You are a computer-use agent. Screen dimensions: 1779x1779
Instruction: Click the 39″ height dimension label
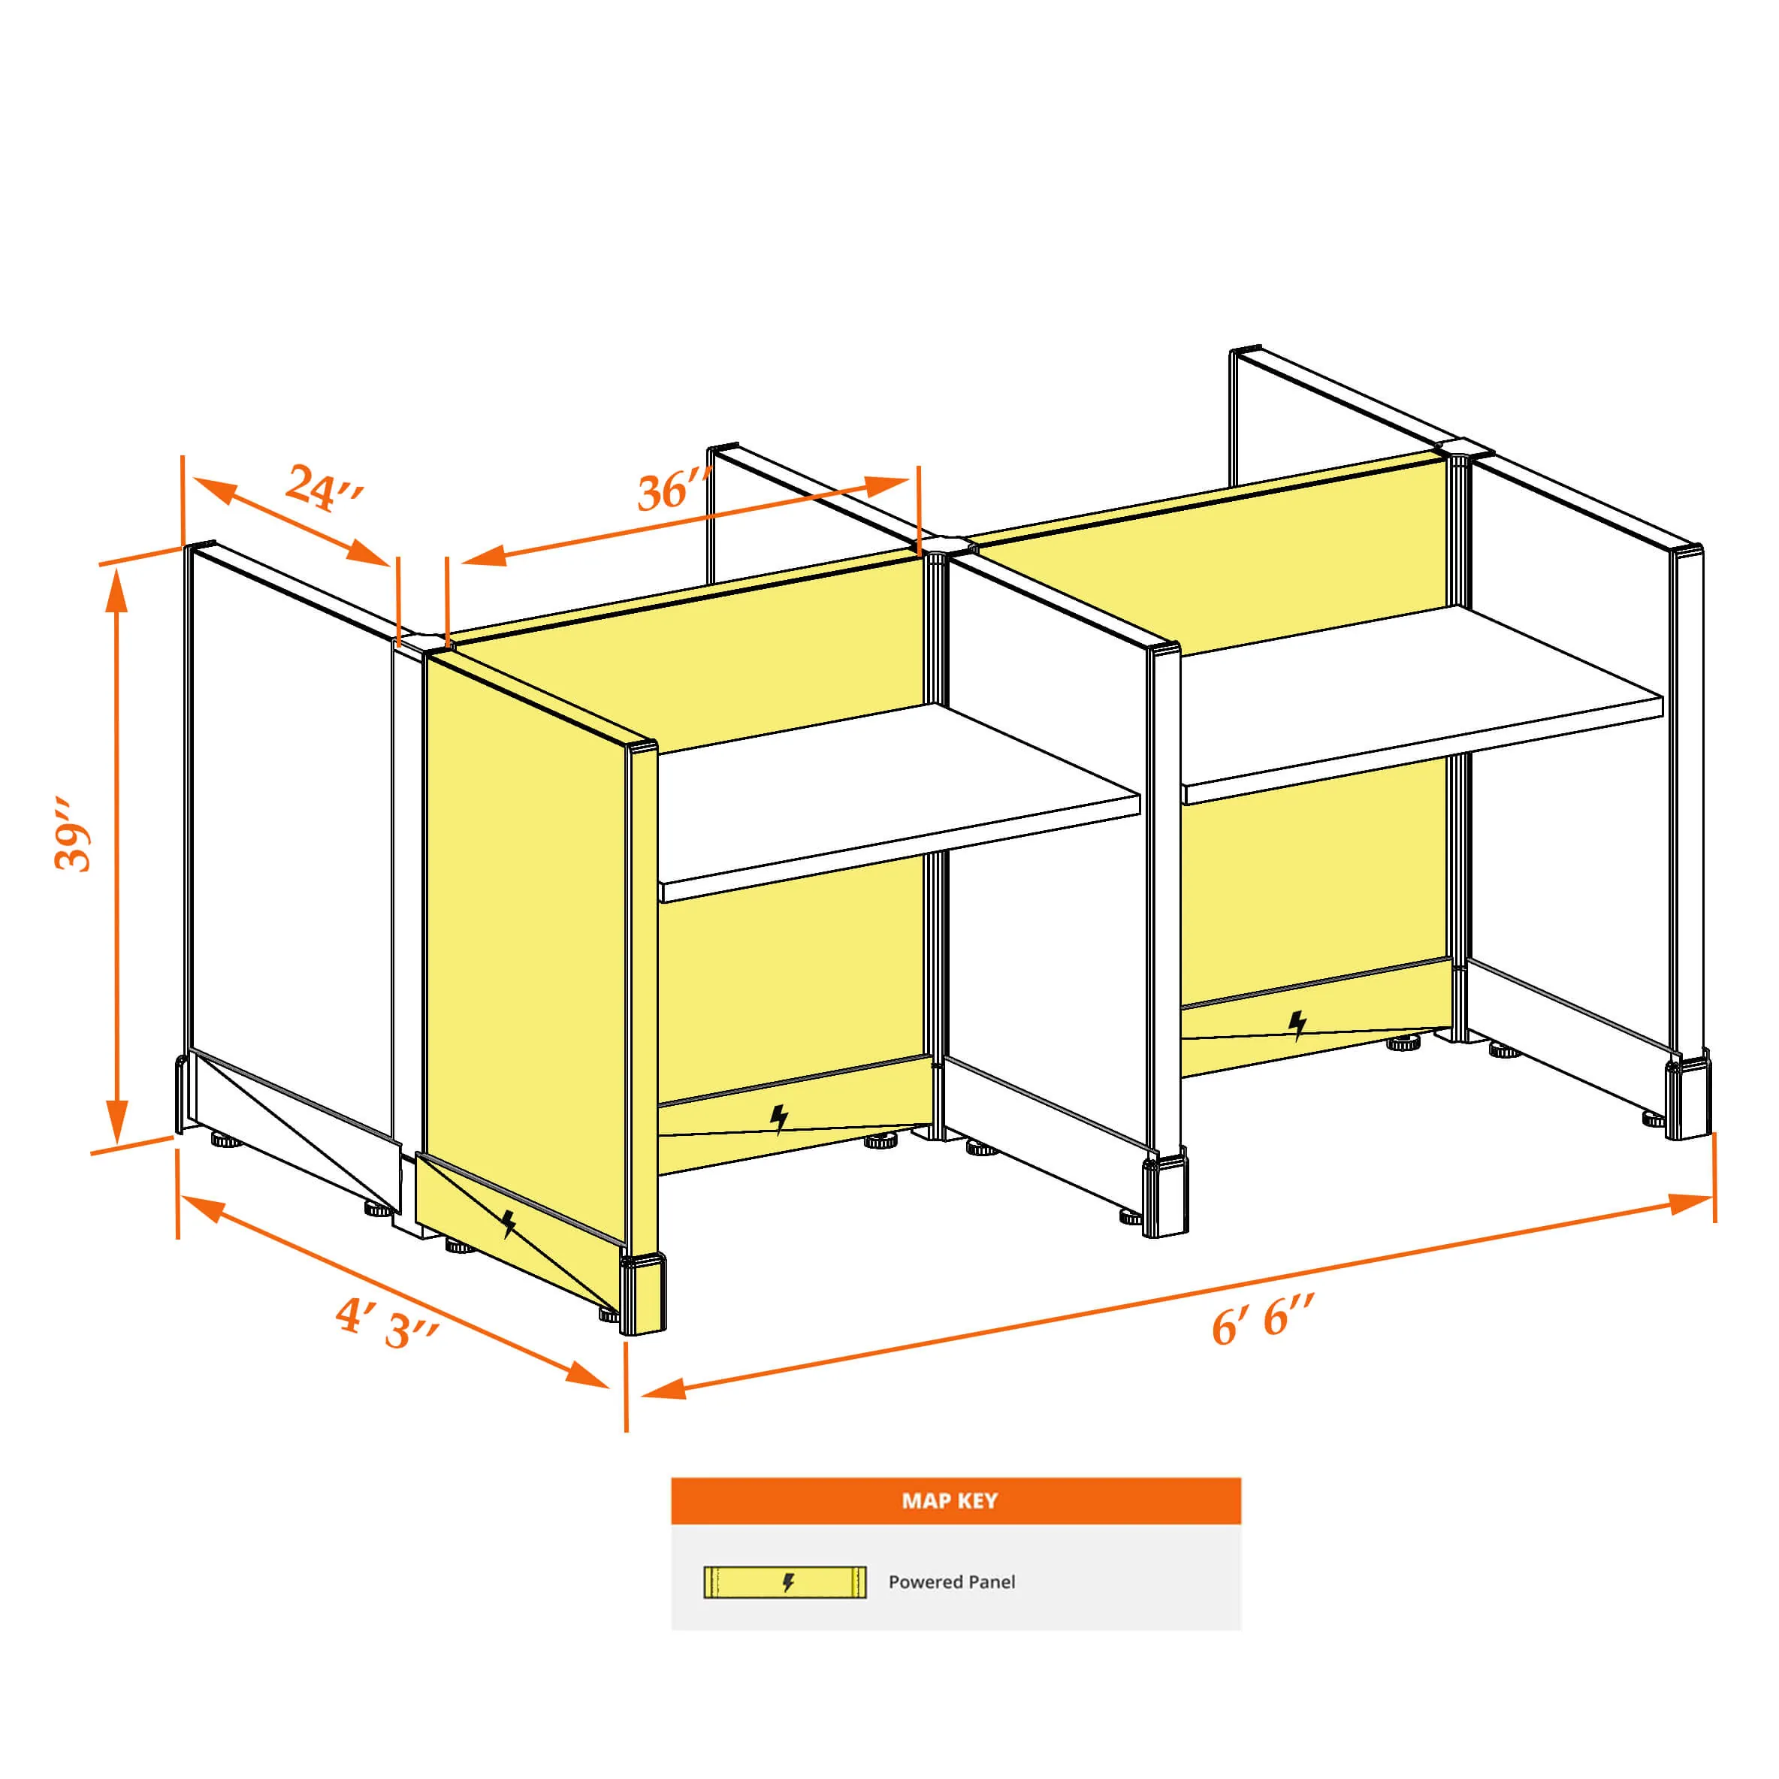[74, 834]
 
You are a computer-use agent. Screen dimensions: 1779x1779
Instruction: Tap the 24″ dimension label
[324, 488]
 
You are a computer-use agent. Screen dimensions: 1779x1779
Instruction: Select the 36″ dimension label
[675, 489]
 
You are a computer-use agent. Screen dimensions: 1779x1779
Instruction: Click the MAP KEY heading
[950, 1501]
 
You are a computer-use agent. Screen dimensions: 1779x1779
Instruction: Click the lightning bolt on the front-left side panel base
[509, 1224]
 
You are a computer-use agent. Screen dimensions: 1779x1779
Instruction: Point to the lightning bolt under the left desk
[779, 1119]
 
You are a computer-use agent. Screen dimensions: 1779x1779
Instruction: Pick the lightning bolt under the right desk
[1297, 1025]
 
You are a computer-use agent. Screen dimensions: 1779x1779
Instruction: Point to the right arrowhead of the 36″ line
[889, 485]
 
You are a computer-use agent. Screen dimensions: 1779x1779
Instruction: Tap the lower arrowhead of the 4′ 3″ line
[587, 1376]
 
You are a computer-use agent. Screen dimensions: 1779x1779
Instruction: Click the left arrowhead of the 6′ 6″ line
[663, 1388]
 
